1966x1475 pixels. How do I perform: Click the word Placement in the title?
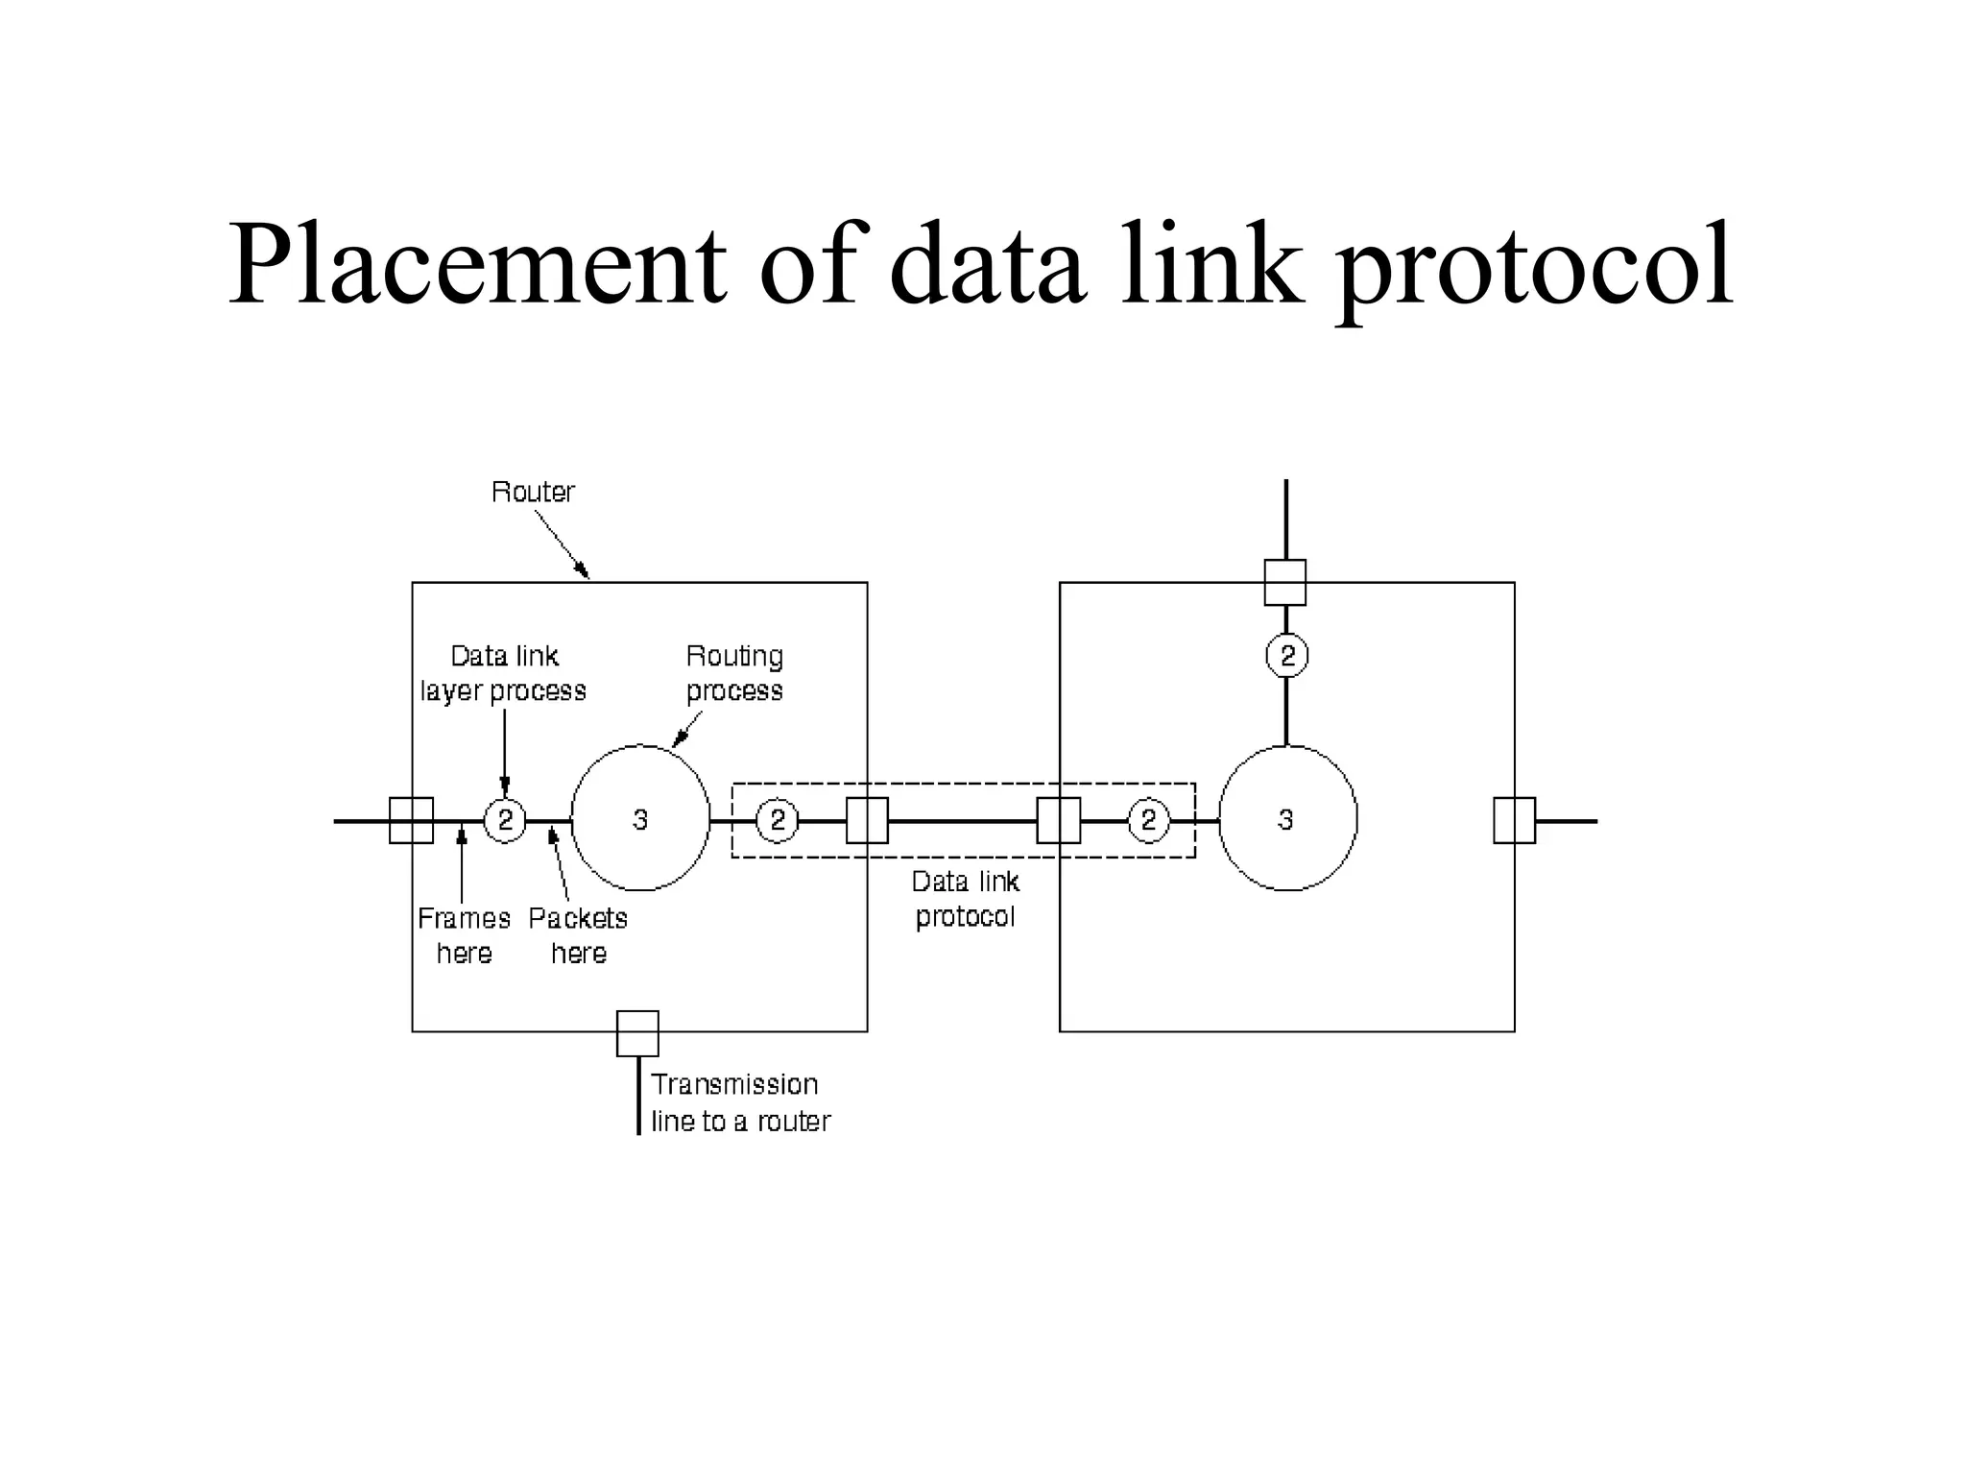[476, 264]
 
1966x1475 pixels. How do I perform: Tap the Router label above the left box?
[533, 492]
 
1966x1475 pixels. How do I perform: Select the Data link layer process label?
[503, 673]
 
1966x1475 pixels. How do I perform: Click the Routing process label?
[734, 673]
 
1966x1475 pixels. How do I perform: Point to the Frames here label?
[464, 935]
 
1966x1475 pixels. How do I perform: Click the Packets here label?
[578, 935]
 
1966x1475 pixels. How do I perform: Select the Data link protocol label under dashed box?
[965, 899]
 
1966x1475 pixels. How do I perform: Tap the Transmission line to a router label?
[739, 1102]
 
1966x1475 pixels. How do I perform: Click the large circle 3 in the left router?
[640, 818]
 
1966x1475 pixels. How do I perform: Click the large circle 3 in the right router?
[1287, 818]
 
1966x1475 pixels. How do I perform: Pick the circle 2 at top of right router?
[1286, 656]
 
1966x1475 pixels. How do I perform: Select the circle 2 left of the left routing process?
[504, 821]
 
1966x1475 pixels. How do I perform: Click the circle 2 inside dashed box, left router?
[777, 821]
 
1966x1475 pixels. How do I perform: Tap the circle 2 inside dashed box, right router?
[1148, 821]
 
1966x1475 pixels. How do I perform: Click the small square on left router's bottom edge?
[637, 1033]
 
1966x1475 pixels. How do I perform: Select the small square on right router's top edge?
[1285, 582]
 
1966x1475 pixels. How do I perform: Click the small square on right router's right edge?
[1514, 821]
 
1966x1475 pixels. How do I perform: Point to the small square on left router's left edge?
[411, 821]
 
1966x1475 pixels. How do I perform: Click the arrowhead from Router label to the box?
[583, 572]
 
